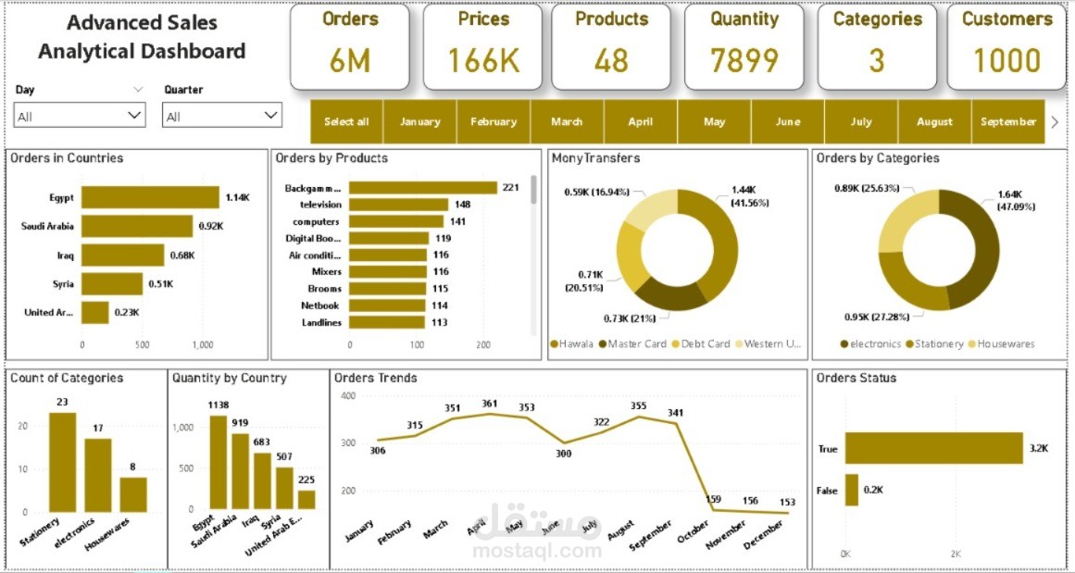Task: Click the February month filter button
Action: click(x=493, y=121)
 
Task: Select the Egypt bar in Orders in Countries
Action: click(x=150, y=197)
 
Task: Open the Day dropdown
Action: click(x=80, y=116)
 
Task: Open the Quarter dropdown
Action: click(x=221, y=116)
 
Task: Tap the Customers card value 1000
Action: click(x=1006, y=61)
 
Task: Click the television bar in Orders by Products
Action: click(x=398, y=205)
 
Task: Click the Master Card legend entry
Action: click(x=636, y=343)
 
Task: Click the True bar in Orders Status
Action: click(x=933, y=448)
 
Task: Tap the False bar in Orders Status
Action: click(x=851, y=491)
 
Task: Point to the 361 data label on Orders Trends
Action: click(x=490, y=404)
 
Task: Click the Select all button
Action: click(x=346, y=121)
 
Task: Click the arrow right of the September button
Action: click(x=1055, y=121)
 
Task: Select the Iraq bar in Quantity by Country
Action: click(x=262, y=480)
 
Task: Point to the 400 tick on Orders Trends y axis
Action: click(x=348, y=395)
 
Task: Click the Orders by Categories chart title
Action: click(x=877, y=158)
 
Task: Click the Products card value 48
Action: click(x=611, y=61)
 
